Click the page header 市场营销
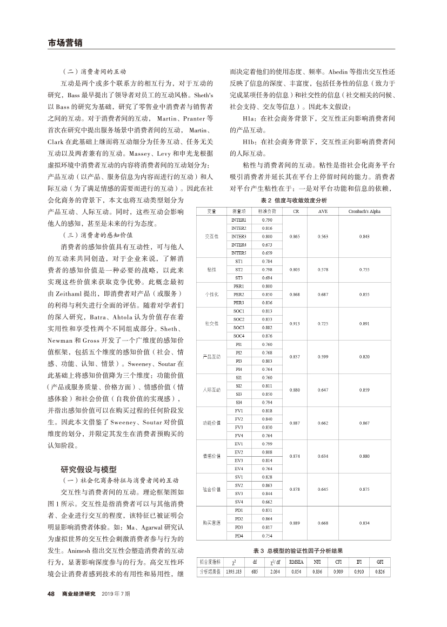tap(65, 43)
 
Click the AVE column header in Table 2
tap(323, 211)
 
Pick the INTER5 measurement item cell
tap(238, 252)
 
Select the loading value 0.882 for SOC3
tap(266, 328)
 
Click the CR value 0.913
tap(295, 323)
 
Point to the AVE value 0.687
tap(323, 294)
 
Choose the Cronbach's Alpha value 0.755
tap(365, 269)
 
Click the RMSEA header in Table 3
tap(296, 562)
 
